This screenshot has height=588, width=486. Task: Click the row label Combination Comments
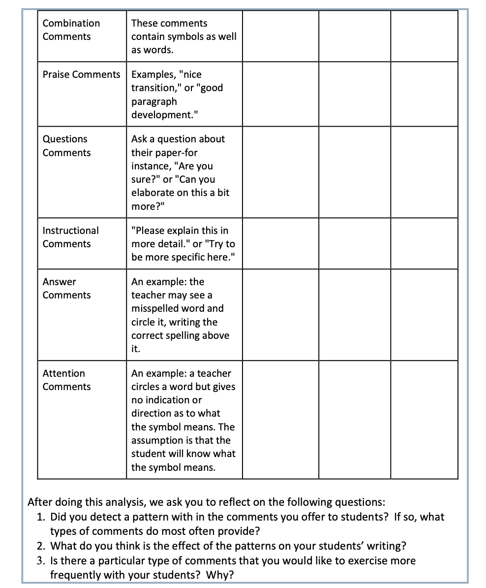pyautogui.click(x=71, y=30)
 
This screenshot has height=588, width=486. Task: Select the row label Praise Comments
pyautogui.click(x=81, y=74)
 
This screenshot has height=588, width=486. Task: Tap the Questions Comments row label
pyautogui.click(x=66, y=146)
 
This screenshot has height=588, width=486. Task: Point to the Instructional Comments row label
pyautogui.click(x=70, y=237)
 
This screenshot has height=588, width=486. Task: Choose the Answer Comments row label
pyautogui.click(x=66, y=288)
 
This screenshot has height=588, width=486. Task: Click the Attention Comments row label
pyautogui.click(x=66, y=380)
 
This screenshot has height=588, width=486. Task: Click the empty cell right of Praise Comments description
pyautogui.click(x=280, y=94)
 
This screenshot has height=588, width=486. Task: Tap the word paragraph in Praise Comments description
pyautogui.click(x=154, y=101)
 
